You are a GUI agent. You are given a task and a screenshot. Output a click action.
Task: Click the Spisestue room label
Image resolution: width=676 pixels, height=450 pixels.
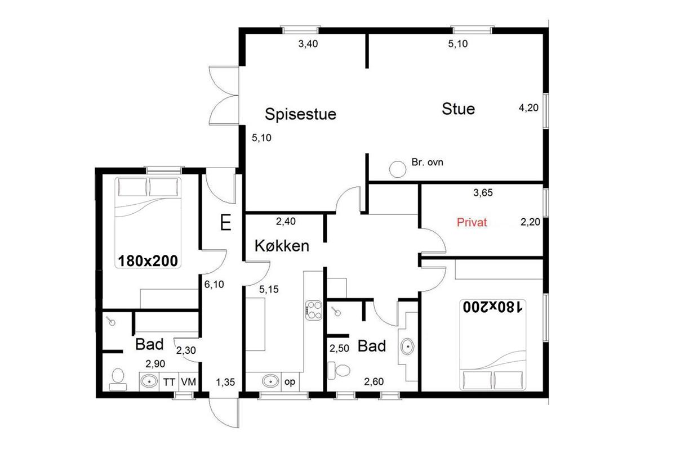pos(300,115)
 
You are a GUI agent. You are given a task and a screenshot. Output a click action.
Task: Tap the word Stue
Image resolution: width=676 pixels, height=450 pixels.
pos(458,109)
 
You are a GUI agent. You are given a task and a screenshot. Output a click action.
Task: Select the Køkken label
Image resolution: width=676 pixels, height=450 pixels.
pos(282,246)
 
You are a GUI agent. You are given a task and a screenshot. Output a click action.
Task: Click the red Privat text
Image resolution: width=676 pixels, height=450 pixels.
pos(472,222)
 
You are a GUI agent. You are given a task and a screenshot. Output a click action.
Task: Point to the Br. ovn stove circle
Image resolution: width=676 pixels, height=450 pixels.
pos(398,169)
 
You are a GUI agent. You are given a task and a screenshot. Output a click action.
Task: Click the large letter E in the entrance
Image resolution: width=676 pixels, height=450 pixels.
pos(226,222)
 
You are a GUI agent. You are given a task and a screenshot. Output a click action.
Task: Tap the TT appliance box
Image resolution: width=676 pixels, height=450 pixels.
pos(169,382)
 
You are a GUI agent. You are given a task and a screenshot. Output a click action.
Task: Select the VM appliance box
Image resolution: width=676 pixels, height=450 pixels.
pos(189,382)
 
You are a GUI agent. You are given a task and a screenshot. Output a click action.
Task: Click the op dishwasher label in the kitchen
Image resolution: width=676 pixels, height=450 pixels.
pos(290,382)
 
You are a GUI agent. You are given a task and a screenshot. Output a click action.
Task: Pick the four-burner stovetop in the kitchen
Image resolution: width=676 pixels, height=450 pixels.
pos(314,310)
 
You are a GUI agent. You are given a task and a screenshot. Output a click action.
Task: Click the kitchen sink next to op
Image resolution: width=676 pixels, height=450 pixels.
pos(270,381)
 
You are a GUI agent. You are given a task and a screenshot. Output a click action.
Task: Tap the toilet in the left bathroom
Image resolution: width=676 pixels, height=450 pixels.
pos(118,380)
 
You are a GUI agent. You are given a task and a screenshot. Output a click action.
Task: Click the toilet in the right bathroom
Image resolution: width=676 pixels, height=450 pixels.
pos(339,371)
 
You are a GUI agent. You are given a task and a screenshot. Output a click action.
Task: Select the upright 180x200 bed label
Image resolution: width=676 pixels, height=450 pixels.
pos(148,260)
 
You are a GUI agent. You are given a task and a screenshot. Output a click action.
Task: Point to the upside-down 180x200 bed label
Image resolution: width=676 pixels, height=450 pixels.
pos(492,307)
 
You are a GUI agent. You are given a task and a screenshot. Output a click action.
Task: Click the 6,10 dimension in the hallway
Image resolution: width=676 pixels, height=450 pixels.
pos(214,284)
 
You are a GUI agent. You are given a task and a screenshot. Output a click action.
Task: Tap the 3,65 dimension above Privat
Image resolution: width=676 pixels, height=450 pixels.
pos(483,192)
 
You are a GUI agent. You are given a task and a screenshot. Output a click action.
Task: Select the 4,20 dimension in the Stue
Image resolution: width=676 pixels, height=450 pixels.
pos(528,108)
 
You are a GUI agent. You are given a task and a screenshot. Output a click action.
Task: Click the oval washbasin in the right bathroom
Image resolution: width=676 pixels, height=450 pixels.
pos(407,346)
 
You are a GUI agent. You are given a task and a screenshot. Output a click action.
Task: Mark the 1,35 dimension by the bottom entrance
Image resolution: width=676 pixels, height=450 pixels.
pos(225,382)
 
